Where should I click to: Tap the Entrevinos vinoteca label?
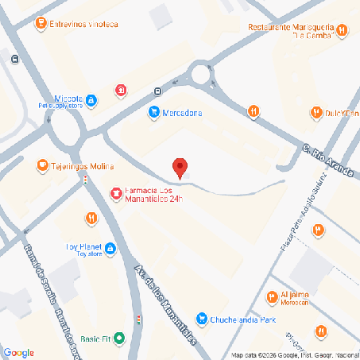pos(84,24)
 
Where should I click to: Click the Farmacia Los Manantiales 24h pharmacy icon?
pos(116,192)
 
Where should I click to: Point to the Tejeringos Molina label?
pos(82,166)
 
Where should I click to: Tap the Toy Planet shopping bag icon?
pos(110,250)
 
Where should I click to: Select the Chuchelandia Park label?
pos(242,319)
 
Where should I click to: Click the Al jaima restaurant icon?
pos(273,298)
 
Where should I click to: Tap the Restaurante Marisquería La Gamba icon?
pos(341,31)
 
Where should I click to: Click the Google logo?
pos(18,353)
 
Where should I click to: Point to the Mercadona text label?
pos(182,113)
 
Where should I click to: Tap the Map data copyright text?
pos(294,354)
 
